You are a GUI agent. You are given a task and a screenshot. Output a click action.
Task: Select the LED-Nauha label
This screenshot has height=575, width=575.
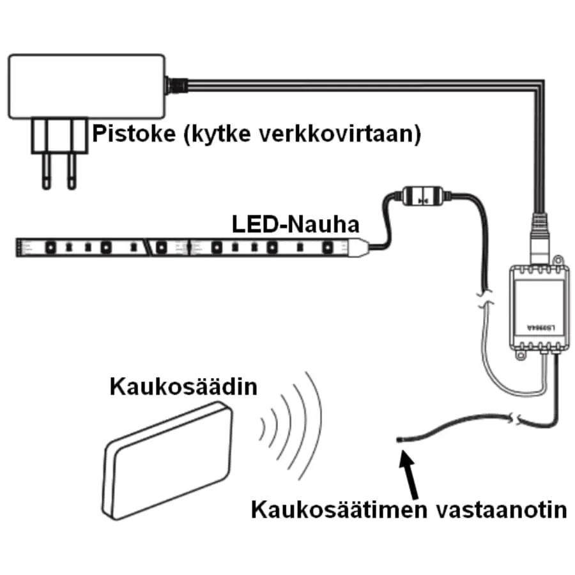[295, 225]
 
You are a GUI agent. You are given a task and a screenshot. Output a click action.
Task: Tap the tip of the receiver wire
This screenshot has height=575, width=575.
[399, 439]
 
